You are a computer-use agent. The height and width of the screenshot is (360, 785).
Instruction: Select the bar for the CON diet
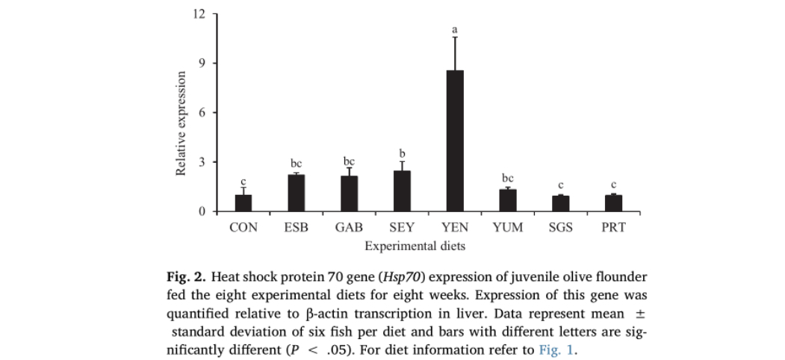[x=243, y=203]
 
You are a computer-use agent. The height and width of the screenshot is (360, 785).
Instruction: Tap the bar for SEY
[x=401, y=191]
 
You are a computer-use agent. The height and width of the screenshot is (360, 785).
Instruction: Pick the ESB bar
[x=296, y=193]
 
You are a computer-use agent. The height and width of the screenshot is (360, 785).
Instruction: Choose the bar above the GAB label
[x=349, y=193]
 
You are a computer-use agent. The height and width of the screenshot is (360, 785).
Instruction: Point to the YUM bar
[x=507, y=200]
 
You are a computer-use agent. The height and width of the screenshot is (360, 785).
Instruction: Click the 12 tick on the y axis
[x=199, y=14]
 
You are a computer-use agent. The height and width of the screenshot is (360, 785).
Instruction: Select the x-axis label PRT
[x=613, y=228]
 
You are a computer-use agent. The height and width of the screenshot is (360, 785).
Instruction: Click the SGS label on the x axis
[x=560, y=228]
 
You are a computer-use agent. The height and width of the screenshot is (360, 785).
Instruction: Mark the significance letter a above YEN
[x=454, y=29]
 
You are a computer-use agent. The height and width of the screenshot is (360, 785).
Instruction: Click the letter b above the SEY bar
[x=402, y=153]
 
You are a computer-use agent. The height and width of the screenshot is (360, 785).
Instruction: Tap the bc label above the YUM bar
[x=508, y=179]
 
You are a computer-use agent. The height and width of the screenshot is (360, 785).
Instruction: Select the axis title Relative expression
[x=180, y=124]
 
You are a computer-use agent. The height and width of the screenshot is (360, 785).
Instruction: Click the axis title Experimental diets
[x=415, y=245]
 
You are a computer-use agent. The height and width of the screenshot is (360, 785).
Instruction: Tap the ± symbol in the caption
[x=640, y=314]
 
